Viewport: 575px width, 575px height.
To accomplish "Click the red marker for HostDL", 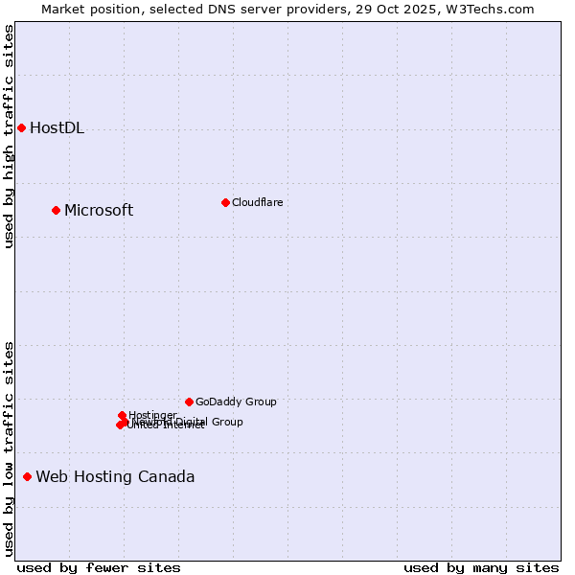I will point(21,127).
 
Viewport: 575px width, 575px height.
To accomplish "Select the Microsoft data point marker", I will point(56,210).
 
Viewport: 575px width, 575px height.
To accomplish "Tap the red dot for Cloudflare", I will point(225,202).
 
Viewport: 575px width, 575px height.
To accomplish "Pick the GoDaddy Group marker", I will point(189,402).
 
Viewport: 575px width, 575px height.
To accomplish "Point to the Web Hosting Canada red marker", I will point(27,476).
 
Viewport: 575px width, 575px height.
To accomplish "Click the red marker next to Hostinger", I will point(122,415).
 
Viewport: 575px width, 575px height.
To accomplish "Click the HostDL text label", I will point(57,128).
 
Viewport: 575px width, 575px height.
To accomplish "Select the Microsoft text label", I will point(99,211).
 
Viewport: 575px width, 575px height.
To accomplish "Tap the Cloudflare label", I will point(257,202).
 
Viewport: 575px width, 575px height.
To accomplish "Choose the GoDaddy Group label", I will point(236,402).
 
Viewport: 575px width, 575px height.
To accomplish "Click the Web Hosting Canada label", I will point(115,477).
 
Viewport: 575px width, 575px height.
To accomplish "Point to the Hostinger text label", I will point(152,415).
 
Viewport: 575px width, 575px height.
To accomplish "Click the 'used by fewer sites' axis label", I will point(99,568).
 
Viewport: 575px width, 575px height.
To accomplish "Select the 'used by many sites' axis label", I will point(481,568).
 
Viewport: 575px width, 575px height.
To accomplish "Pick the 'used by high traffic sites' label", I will point(10,136).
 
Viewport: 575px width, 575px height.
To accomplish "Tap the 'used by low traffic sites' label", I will point(10,448).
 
